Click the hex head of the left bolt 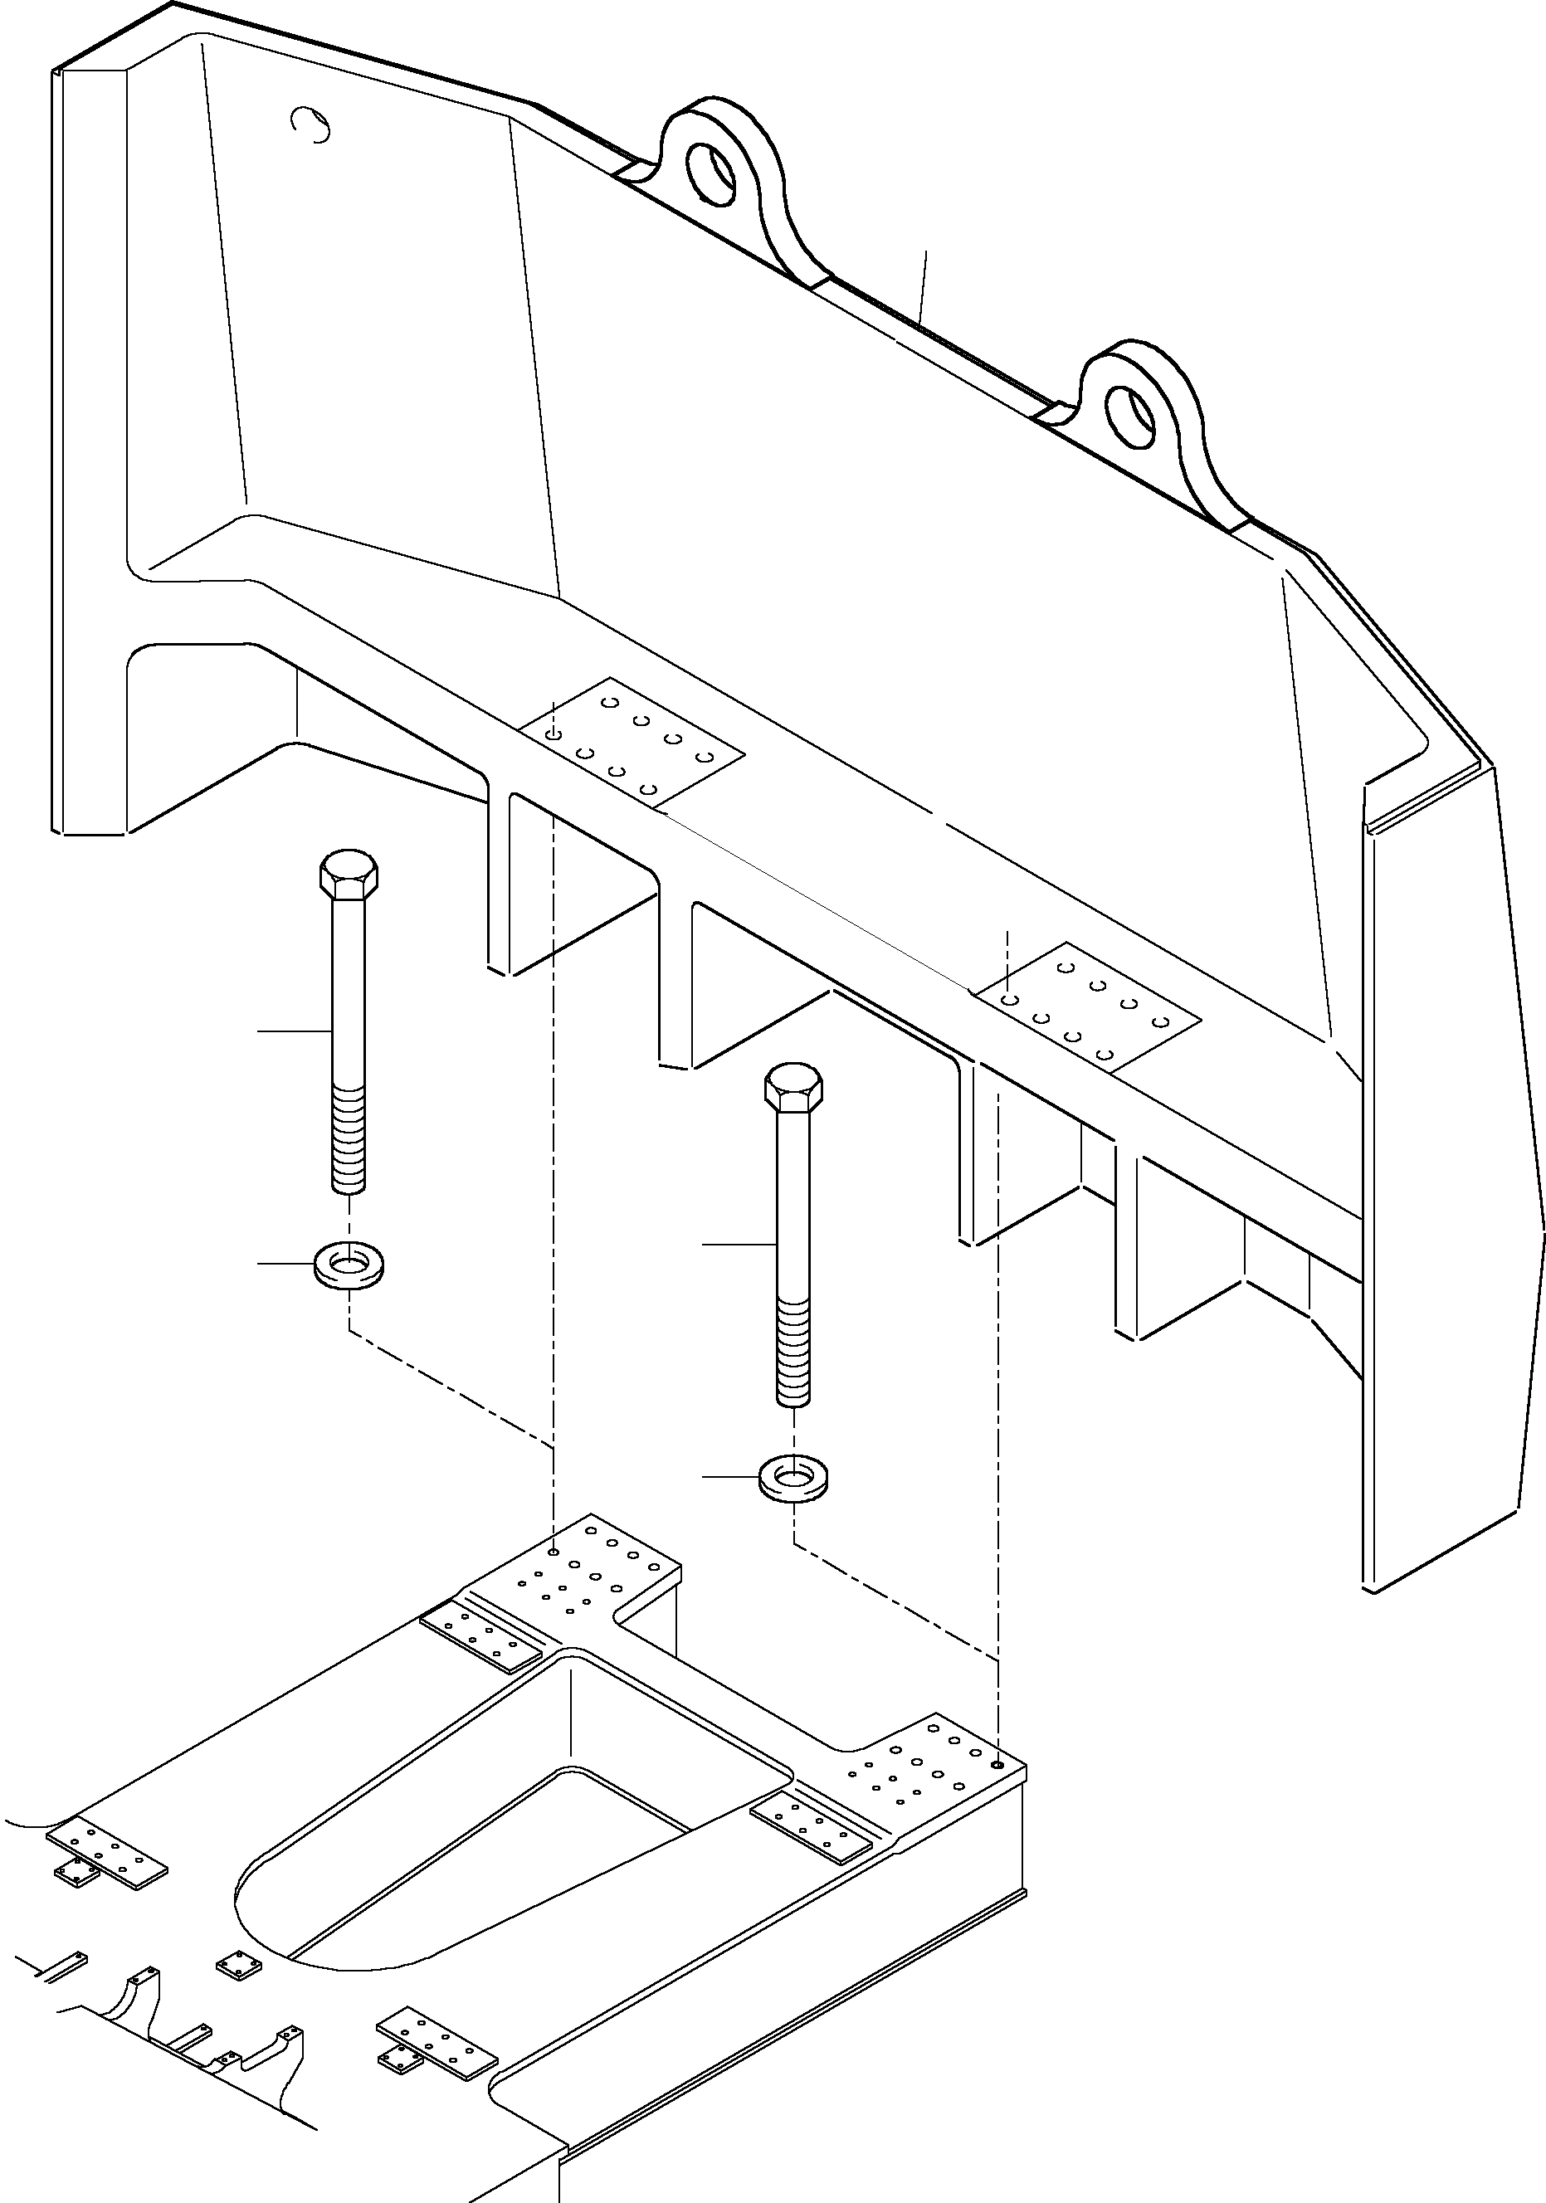click(x=349, y=873)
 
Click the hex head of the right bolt click(x=793, y=1087)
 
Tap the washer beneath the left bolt click(x=349, y=1265)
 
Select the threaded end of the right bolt click(x=793, y=1352)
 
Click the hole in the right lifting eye click(x=1130, y=416)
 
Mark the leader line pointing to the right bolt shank click(x=739, y=1244)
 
